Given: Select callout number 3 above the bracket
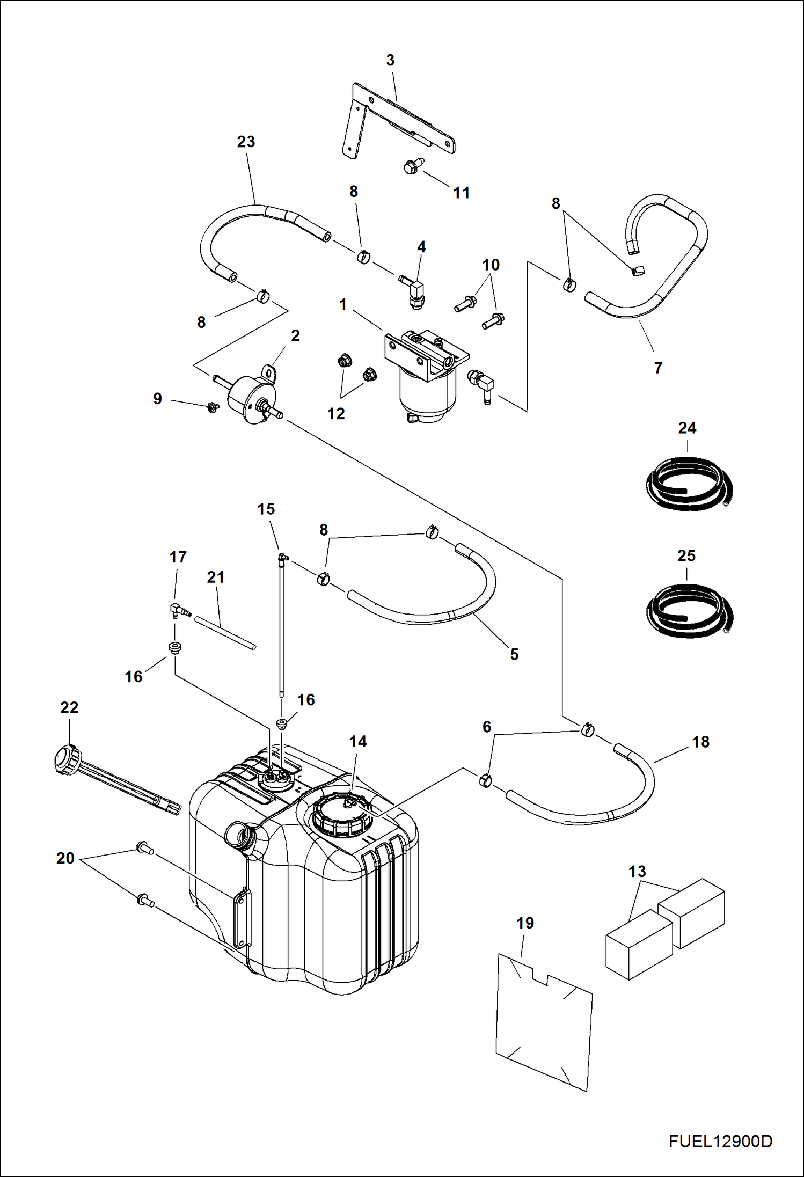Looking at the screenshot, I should point(390,61).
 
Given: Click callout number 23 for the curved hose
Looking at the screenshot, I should point(246,142).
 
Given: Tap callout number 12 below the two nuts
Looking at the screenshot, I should point(336,413).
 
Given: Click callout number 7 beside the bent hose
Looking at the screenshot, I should point(658,368).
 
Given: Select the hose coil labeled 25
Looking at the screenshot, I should point(688,612).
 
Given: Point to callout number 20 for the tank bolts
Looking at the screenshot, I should point(65,858).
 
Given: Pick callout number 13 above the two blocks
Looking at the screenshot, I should point(637,871).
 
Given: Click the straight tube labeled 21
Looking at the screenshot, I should point(225,634).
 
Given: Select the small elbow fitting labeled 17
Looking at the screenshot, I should point(177,610).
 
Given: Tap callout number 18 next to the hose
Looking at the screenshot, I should point(700,742).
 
